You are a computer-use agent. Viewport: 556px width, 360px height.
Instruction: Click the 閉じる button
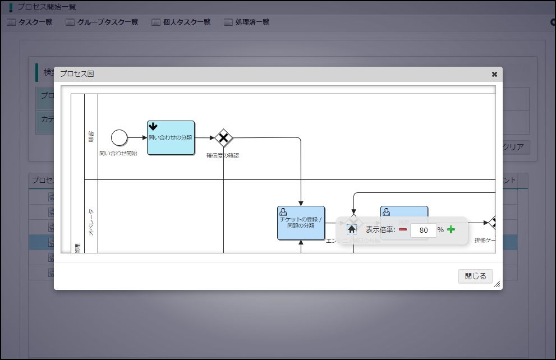point(475,276)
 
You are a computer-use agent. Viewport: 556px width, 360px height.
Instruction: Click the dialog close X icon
point(494,74)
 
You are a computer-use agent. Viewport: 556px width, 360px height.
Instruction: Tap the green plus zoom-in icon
point(451,229)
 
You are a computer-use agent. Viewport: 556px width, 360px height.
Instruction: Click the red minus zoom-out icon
point(403,229)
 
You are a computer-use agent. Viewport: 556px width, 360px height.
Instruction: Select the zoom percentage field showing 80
point(424,230)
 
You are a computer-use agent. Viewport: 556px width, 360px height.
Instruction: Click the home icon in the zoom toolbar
point(352,229)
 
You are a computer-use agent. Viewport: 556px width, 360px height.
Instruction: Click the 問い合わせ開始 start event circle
point(119,137)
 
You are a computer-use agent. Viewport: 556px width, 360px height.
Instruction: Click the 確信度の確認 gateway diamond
point(223,137)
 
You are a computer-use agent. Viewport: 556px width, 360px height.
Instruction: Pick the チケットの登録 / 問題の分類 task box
point(301,223)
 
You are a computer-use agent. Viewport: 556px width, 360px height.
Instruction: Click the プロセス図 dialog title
point(77,74)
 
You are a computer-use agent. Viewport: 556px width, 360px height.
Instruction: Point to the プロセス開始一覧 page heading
point(47,7)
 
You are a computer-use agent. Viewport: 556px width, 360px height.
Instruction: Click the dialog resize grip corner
point(497,285)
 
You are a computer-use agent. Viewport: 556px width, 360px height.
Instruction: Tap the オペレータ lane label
point(91,222)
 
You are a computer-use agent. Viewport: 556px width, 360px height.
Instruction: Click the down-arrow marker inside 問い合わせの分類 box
point(153,127)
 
